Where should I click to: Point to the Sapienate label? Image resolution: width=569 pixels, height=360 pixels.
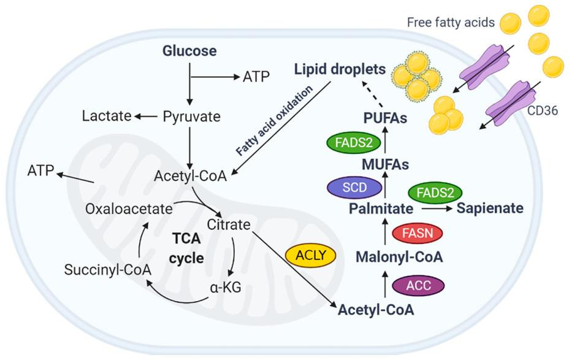(x=490, y=209)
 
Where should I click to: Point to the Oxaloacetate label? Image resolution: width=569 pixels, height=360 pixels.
(x=129, y=209)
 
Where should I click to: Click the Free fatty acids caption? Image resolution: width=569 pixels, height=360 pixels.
(x=450, y=23)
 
